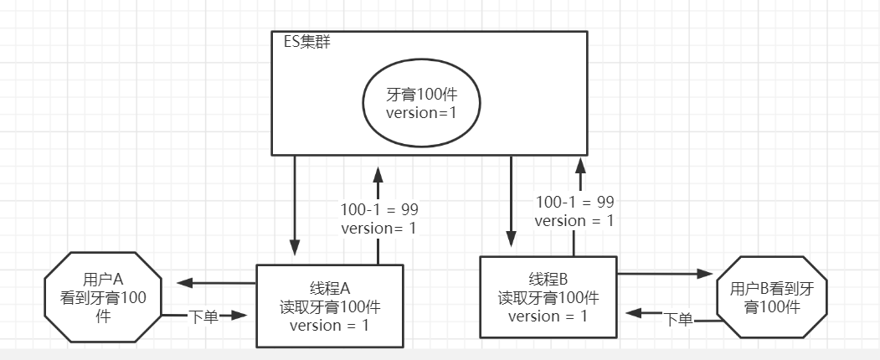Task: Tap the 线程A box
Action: [329, 305]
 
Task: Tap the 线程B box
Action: [548, 297]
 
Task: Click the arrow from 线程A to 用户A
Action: [209, 282]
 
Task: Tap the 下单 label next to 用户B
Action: [678, 318]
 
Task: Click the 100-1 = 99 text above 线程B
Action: [574, 202]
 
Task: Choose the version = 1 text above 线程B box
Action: [574, 221]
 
